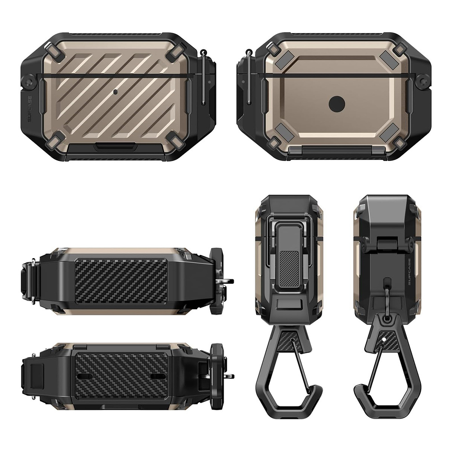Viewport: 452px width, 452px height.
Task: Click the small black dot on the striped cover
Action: [x=115, y=92]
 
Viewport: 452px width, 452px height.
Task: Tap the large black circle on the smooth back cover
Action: [x=337, y=104]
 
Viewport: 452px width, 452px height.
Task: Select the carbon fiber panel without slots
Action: [x=121, y=280]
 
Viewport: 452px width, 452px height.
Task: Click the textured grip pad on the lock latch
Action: [x=289, y=268]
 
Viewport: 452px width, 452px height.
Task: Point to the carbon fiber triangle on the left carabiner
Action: [x=289, y=341]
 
